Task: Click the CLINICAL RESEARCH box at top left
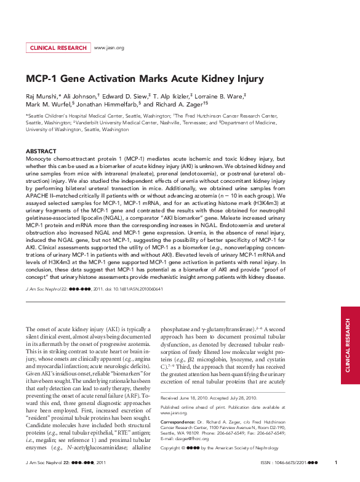(x=58, y=48)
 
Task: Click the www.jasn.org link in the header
(x=108, y=48)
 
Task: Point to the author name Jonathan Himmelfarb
(x=110, y=105)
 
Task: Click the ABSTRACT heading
(x=41, y=151)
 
